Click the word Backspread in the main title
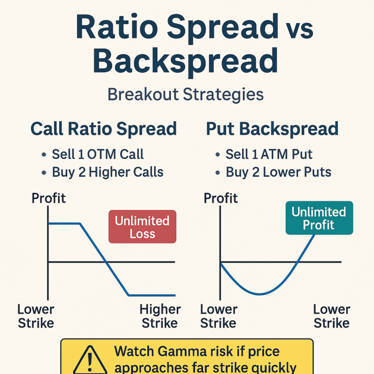pyautogui.click(x=186, y=61)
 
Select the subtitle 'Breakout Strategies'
pyautogui.click(x=186, y=95)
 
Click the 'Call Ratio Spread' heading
pyautogui.click(x=104, y=129)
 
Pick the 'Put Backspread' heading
pyautogui.click(x=272, y=129)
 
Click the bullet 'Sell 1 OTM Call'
pyautogui.click(x=98, y=154)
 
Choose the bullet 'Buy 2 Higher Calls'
pyautogui.click(x=108, y=172)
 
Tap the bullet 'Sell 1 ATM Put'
pyautogui.click(x=269, y=154)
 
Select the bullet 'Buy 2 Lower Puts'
pyautogui.click(x=279, y=172)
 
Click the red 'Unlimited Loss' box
pyautogui.click(x=142, y=226)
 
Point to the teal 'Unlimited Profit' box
pyautogui.click(x=319, y=218)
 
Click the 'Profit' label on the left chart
pyautogui.click(x=49, y=198)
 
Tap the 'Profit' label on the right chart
pyautogui.click(x=221, y=198)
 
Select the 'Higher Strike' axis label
pyautogui.click(x=160, y=316)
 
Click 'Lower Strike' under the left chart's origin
pyautogui.click(x=36, y=316)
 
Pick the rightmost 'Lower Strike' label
pyautogui.click(x=332, y=316)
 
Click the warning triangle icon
pyautogui.click(x=90, y=361)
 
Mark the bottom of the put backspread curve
pyautogui.click(x=259, y=294)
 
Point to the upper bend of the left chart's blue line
pyautogui.click(x=80, y=224)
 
